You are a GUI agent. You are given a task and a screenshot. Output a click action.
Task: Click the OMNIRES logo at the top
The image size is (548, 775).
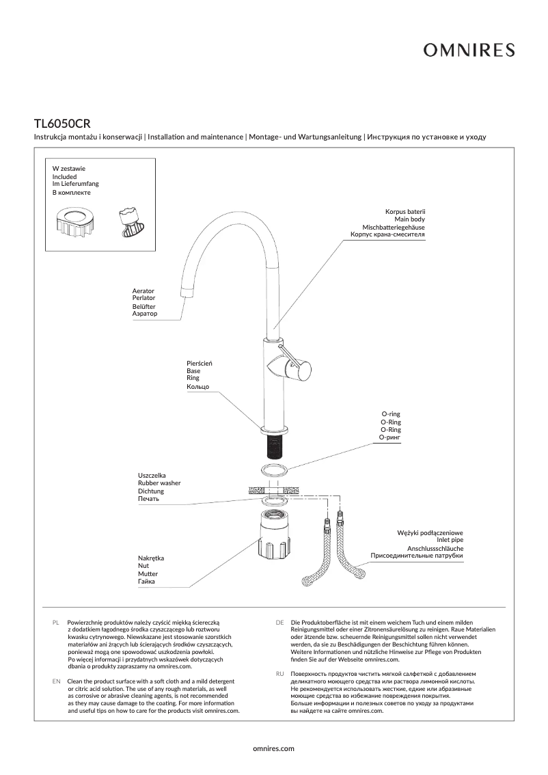tap(468, 50)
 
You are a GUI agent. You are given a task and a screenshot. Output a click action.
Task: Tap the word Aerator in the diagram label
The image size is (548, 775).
tap(143, 291)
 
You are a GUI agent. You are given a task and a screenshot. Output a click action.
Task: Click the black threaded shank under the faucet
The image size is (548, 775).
tap(274, 448)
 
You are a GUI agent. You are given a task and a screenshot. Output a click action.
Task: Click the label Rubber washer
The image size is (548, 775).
tap(159, 483)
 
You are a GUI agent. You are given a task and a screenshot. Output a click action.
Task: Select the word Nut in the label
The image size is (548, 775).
tap(143, 567)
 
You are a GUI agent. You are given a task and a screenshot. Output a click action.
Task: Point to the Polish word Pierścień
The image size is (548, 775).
tap(200, 363)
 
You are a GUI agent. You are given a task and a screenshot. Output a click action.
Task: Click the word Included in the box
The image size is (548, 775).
tap(65, 176)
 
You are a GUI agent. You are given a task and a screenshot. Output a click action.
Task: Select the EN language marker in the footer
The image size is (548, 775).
tap(56, 682)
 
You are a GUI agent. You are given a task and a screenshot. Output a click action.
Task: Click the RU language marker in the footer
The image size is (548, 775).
tap(279, 674)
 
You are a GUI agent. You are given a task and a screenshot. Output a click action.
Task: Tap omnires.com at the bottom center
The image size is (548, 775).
tap(273, 748)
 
